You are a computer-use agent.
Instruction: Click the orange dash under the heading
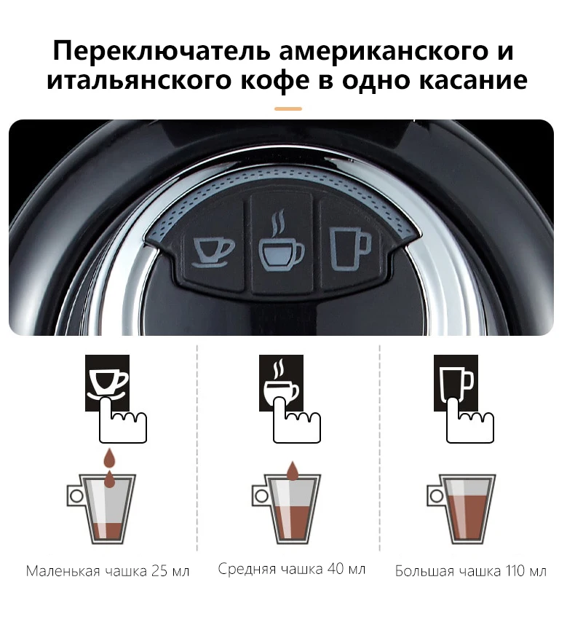(288, 109)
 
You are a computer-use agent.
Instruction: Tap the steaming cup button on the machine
(281, 244)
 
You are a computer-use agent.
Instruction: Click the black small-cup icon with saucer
(107, 382)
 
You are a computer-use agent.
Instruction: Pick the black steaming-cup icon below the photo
(281, 382)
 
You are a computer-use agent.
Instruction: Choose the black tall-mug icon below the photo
(456, 382)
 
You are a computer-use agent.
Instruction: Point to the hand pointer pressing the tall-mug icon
(469, 422)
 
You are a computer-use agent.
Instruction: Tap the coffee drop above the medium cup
(293, 471)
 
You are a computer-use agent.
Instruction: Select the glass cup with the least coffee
(102, 509)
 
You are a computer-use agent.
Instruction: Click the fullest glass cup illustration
(462, 509)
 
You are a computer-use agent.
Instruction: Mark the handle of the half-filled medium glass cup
(261, 496)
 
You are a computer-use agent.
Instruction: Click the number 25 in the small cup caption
(159, 571)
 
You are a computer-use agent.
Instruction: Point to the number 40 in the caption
(336, 569)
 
